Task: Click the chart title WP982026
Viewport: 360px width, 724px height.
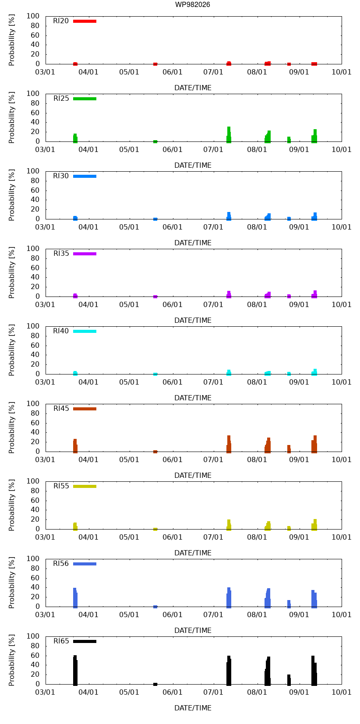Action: [x=193, y=4]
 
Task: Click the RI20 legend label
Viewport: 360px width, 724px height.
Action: [x=61, y=21]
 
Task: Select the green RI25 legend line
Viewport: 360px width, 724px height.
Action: [x=85, y=99]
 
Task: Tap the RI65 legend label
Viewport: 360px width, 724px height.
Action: [x=61, y=641]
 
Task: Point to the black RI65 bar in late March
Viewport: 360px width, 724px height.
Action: [x=75, y=670]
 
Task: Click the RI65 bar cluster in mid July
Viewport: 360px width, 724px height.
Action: [x=229, y=671]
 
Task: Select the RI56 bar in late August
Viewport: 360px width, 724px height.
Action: [x=289, y=604]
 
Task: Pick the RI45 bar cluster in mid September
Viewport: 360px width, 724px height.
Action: [x=314, y=444]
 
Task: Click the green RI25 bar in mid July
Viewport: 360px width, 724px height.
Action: [x=229, y=134]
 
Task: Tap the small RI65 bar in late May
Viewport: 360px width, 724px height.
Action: [x=155, y=684]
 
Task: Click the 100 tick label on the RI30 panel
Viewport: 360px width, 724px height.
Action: [x=33, y=171]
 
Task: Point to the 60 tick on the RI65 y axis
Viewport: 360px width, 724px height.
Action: [x=35, y=655]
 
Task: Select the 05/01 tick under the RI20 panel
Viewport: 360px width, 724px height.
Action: [x=129, y=72]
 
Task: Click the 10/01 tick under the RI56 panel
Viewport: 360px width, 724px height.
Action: [x=342, y=615]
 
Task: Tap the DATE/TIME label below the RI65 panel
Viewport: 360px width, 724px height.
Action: [x=193, y=708]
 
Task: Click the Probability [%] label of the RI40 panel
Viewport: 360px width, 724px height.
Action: [x=12, y=350]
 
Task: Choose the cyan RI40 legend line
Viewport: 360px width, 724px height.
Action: [x=85, y=331]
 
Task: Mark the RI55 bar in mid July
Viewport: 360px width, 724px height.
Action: [x=229, y=525]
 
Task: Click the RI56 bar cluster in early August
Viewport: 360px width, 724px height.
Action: [x=268, y=598]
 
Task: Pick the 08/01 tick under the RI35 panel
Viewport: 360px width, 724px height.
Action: [x=257, y=304]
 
